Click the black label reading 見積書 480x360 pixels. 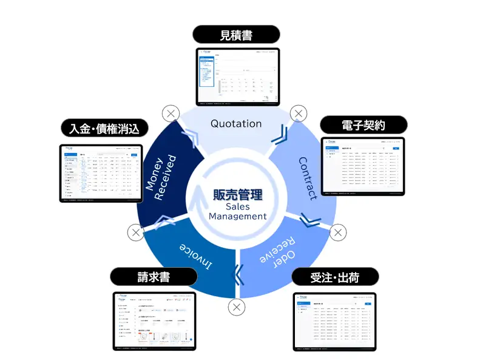(236, 35)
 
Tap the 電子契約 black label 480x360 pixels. (362, 125)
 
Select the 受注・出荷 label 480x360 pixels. (335, 277)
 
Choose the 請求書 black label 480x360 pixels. (154, 277)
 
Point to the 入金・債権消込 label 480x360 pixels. (104, 129)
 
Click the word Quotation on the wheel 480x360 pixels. (236, 123)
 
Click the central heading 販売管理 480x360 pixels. (237, 195)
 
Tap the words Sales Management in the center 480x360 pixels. (237, 211)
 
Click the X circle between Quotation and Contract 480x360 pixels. (299, 113)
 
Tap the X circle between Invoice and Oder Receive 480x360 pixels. (237, 307)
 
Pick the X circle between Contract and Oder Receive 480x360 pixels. (338, 232)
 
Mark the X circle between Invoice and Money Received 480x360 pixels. (136, 232)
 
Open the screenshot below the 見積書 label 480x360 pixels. (237, 76)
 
